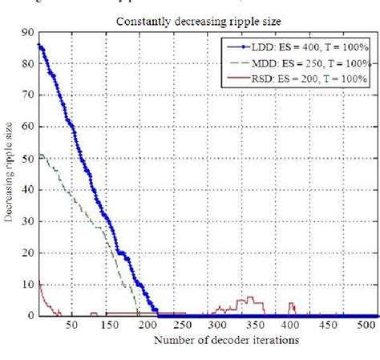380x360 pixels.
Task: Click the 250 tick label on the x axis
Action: (x=184, y=326)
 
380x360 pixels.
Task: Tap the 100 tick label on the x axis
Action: (x=107, y=326)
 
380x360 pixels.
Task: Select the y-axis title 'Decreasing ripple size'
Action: (x=10, y=174)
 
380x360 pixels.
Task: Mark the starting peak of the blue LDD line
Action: (x=38, y=45)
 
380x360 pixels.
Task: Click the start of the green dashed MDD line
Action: (x=38, y=155)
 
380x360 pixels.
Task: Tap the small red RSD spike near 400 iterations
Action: (x=291, y=304)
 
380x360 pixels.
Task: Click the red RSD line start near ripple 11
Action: (x=38, y=281)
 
